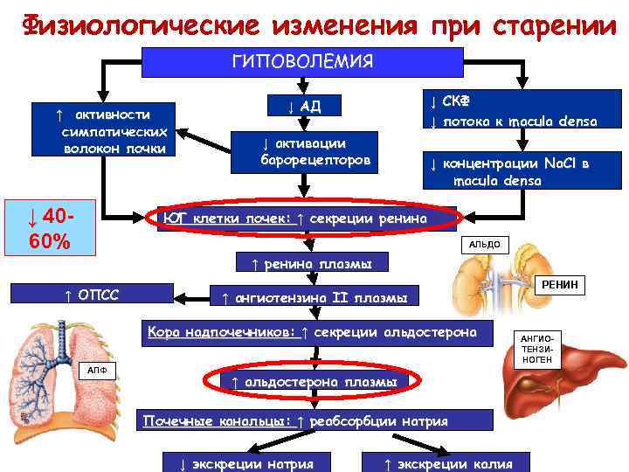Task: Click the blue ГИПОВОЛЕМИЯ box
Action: [x=301, y=61]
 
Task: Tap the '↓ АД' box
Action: [x=305, y=107]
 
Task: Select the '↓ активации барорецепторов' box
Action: [x=315, y=152]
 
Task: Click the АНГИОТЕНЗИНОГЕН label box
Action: [x=537, y=348]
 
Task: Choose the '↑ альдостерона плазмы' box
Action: [x=314, y=382]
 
